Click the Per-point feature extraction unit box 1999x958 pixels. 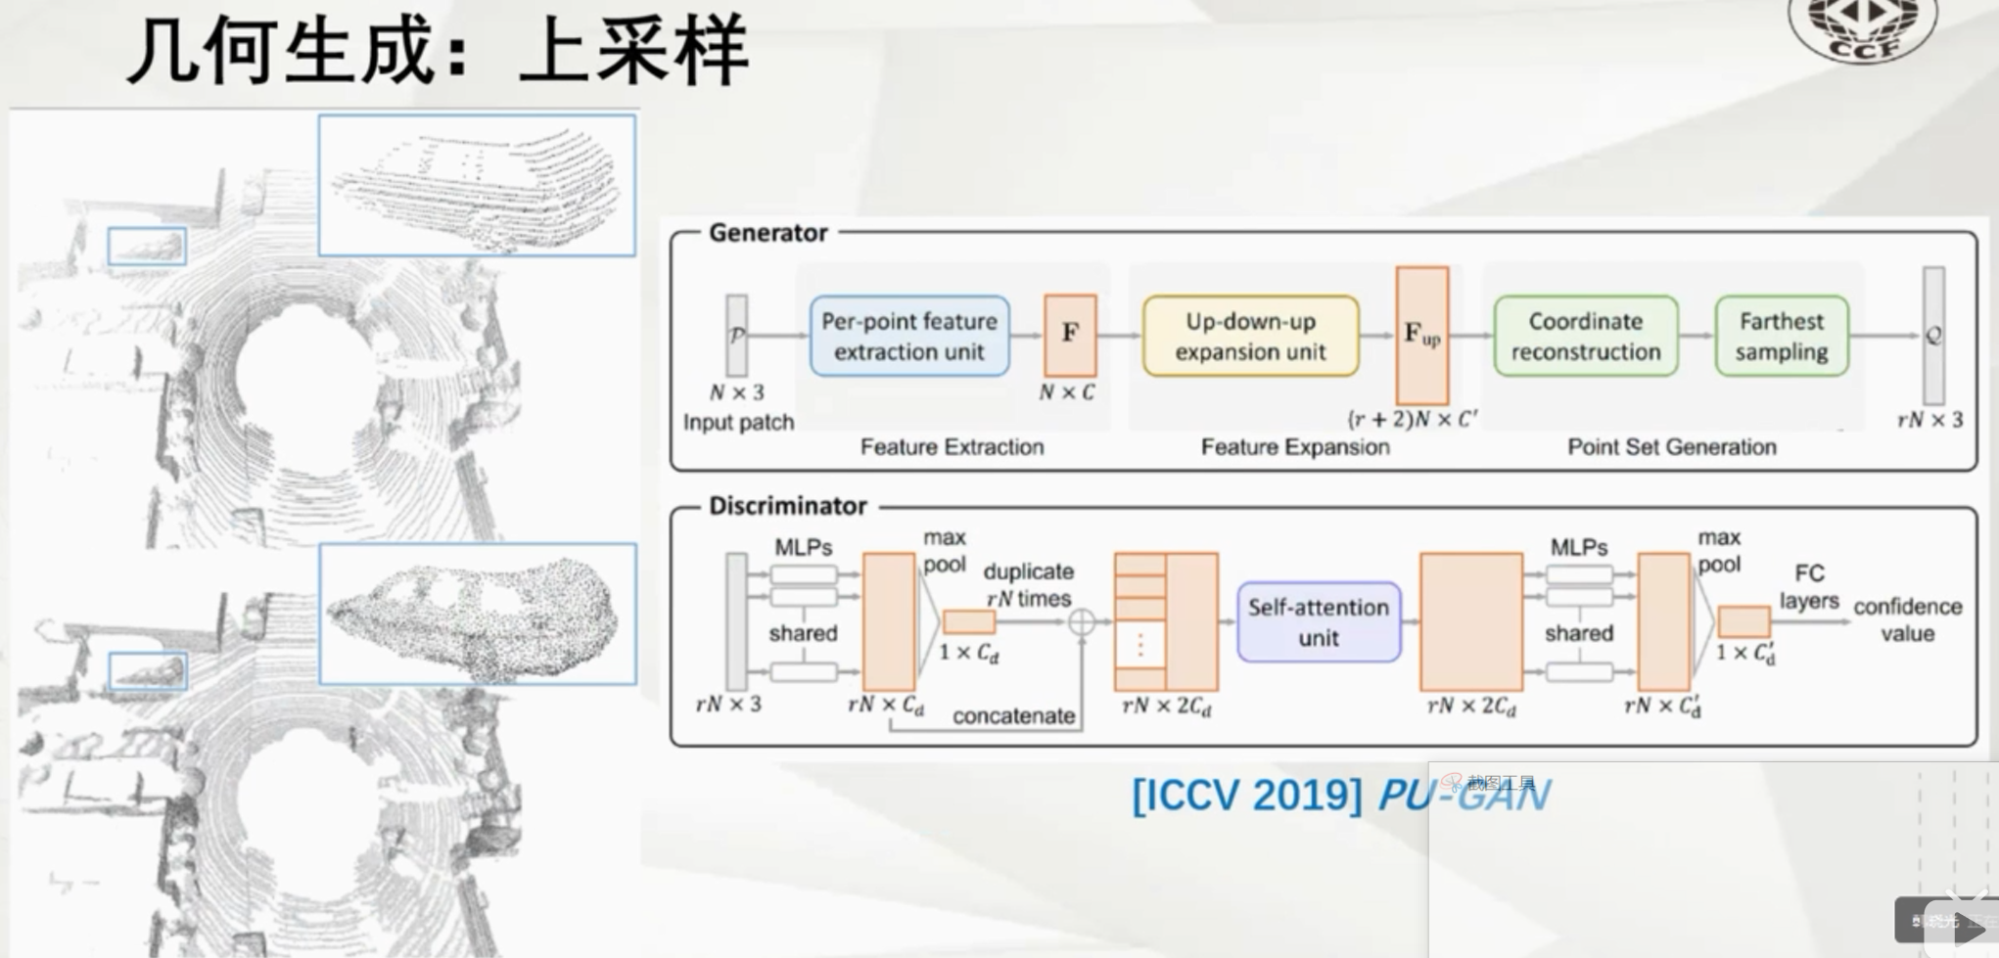909,336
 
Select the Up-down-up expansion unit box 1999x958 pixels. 1250,336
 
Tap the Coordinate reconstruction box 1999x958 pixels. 1585,336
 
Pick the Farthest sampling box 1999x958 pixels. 1782,336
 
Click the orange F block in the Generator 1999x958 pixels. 1070,335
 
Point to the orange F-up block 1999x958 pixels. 1421,335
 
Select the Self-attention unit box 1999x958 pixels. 1318,621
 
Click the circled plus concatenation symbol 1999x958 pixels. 1081,621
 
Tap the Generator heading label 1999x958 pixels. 768,233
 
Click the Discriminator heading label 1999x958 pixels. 787,506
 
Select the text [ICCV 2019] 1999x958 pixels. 1246,795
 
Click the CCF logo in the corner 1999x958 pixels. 1862,27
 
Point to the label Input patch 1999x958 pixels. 738,422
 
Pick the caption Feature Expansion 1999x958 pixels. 1294,447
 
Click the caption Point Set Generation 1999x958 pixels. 1671,447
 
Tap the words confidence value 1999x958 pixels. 1907,619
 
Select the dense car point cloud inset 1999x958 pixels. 478,614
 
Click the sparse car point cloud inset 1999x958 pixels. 477,186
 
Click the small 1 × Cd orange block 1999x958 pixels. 968,621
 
